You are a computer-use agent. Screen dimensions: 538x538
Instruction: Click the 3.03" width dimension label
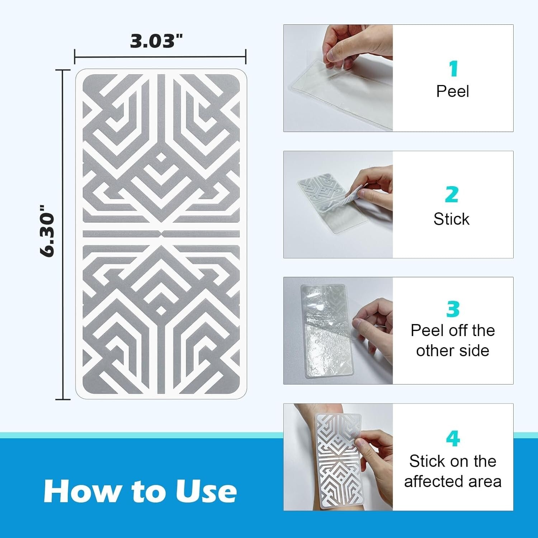click(156, 41)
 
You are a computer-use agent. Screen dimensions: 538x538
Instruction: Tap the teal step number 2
click(452, 195)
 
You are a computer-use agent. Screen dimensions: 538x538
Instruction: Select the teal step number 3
click(453, 309)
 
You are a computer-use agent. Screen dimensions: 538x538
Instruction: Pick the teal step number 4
click(453, 438)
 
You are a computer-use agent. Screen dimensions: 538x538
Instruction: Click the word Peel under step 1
click(452, 91)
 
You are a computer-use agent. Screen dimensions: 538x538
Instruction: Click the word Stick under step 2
click(451, 219)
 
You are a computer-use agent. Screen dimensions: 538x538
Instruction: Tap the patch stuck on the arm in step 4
click(337, 459)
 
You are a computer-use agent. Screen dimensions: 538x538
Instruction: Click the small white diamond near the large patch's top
click(161, 157)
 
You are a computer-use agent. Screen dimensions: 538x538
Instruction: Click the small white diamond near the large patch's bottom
click(161, 310)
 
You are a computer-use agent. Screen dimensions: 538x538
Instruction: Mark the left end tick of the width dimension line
click(75, 57)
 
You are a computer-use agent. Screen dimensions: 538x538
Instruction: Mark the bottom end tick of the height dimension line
click(63, 399)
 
